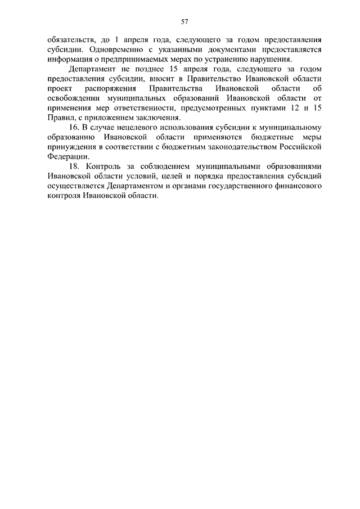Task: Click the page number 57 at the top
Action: (x=184, y=21)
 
